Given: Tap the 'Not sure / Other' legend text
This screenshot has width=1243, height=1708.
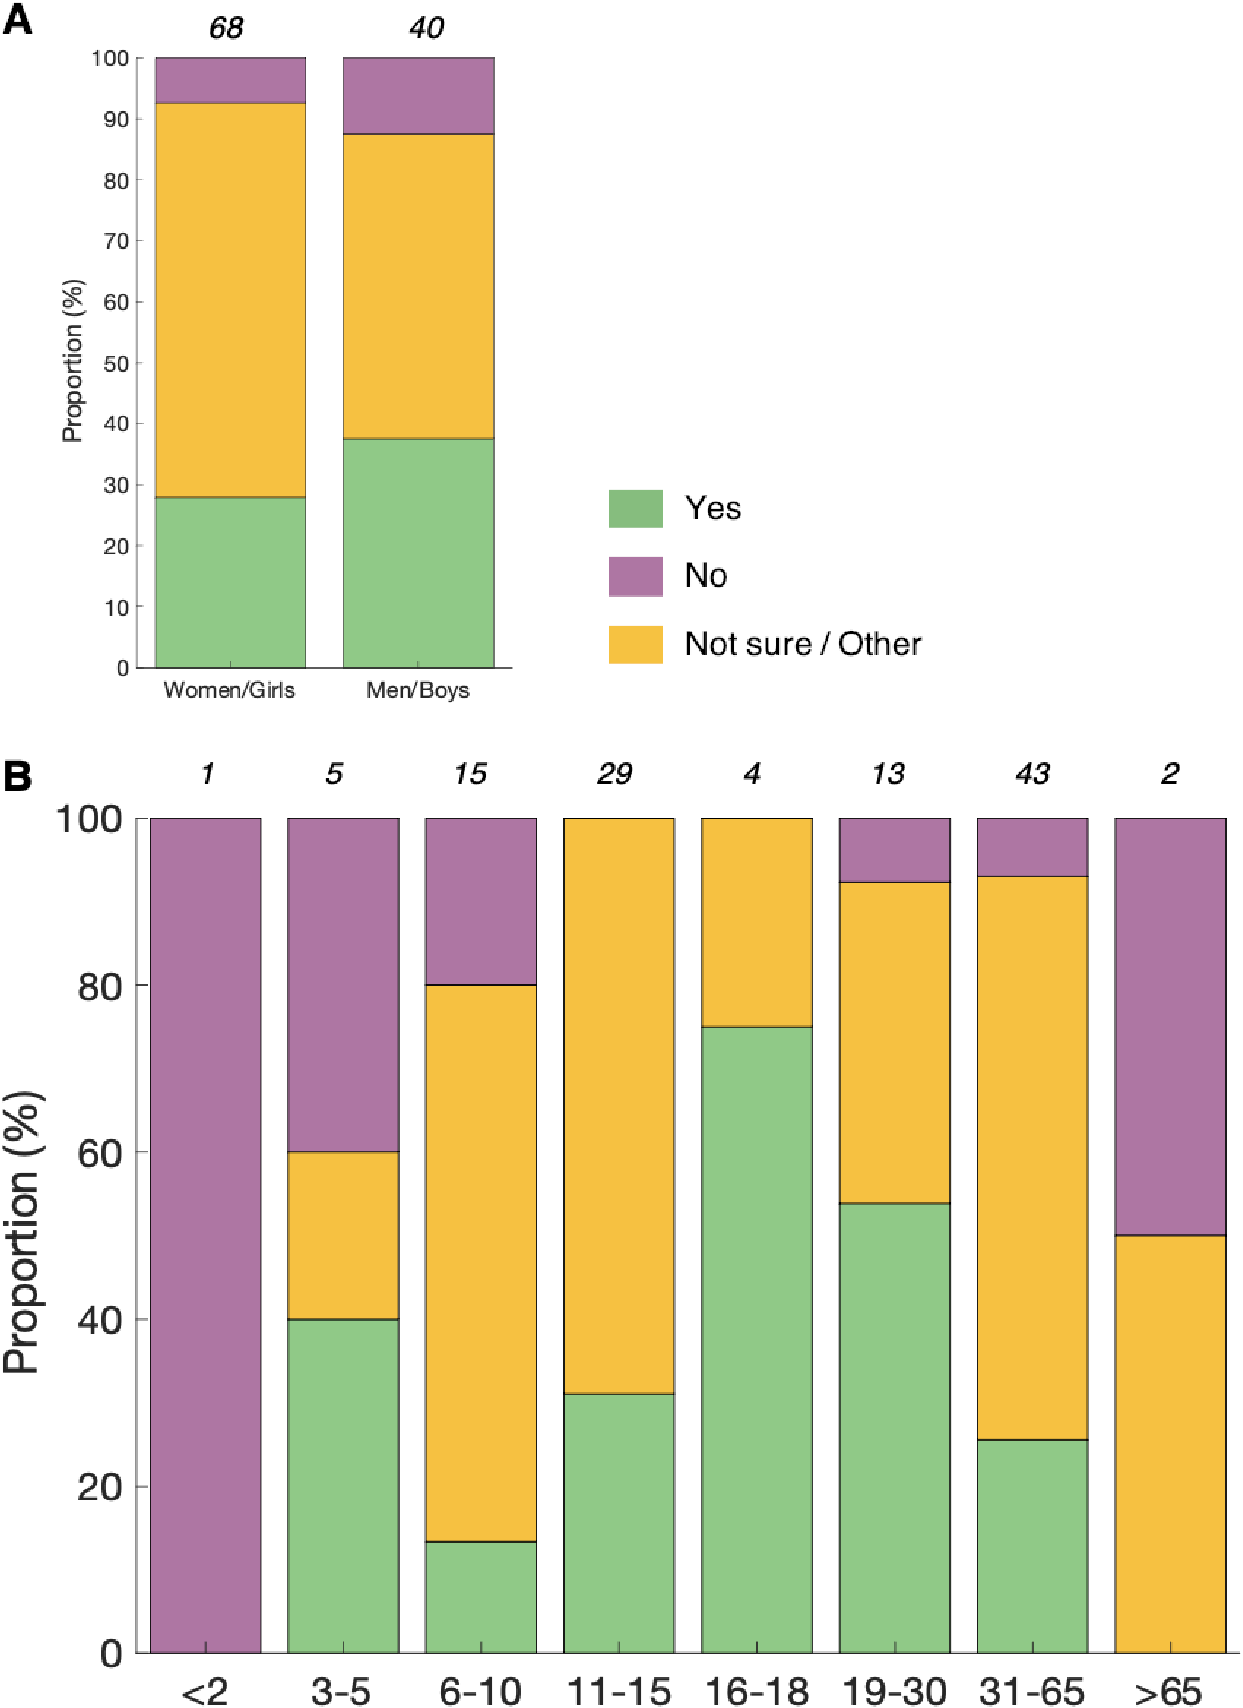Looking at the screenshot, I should click(802, 644).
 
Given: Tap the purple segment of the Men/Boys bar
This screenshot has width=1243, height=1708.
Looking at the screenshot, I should click(418, 96).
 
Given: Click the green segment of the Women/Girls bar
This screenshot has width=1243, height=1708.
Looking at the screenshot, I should click(231, 582).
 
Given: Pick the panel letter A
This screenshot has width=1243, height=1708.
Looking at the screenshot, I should click(17, 20).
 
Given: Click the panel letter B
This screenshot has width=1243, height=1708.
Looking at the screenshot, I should click(17, 776).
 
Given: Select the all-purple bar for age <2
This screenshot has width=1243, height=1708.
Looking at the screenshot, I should click(205, 1235).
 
